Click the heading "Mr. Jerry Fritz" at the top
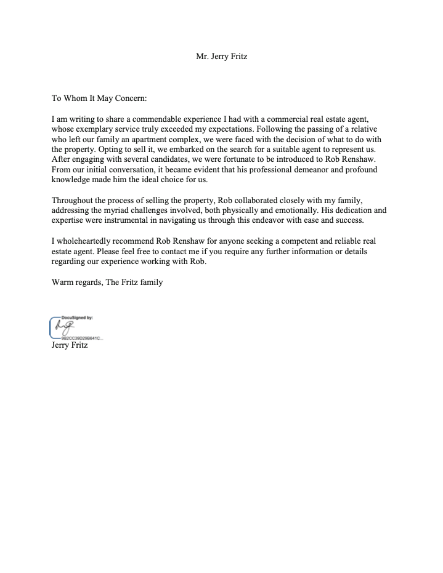click(x=221, y=57)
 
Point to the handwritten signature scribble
click(x=64, y=327)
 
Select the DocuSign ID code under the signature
click(x=81, y=338)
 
